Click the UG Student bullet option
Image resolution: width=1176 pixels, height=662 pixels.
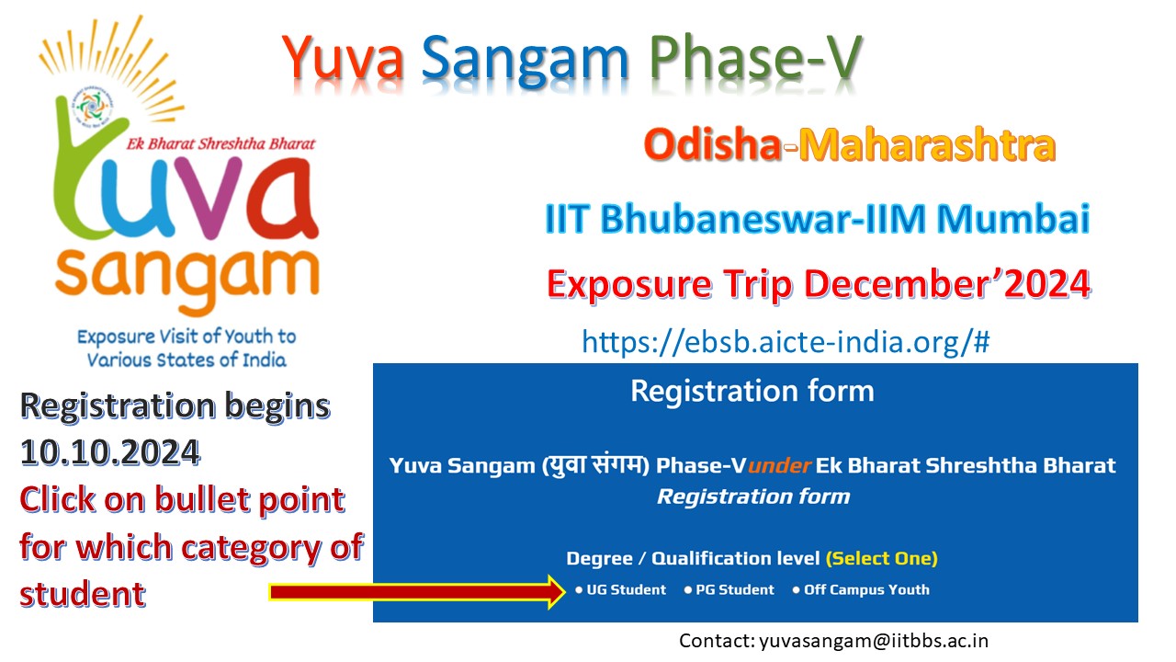pyautogui.click(x=621, y=590)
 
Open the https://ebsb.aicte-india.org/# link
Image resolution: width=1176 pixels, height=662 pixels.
pyautogui.click(x=786, y=342)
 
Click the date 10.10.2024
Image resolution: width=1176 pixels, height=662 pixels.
pyautogui.click(x=110, y=451)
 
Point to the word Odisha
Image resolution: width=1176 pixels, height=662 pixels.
pyautogui.click(x=712, y=146)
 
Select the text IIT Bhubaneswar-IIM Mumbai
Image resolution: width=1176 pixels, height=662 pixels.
pyautogui.click(x=818, y=220)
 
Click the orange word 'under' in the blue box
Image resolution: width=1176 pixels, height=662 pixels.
pyautogui.click(x=780, y=465)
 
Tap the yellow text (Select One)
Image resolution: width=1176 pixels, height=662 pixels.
pyautogui.click(x=882, y=558)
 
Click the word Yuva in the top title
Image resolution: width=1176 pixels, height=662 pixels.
pyautogui.click(x=345, y=57)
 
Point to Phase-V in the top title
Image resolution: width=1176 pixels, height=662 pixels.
pyautogui.click(x=756, y=57)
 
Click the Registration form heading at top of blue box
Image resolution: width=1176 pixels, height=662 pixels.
pyautogui.click(x=752, y=391)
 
